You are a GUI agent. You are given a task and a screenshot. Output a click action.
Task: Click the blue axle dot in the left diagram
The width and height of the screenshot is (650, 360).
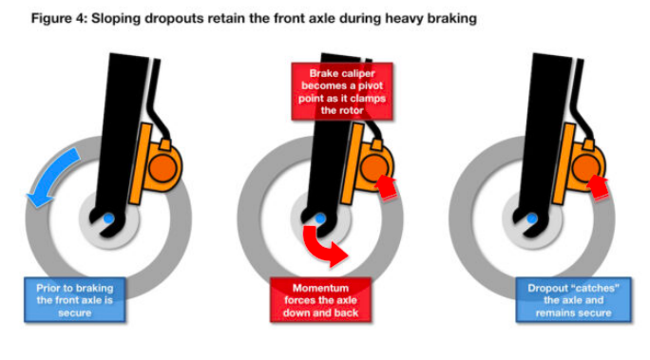click(x=108, y=218)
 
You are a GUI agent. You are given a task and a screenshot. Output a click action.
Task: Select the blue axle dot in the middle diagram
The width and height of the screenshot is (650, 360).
click(x=320, y=218)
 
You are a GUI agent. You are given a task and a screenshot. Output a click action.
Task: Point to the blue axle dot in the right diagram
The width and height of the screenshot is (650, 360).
click(x=532, y=218)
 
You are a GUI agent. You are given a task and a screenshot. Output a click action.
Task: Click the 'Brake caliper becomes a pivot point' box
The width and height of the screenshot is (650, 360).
click(x=342, y=91)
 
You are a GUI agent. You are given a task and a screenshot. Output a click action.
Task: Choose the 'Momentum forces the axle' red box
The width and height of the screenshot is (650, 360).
click(x=320, y=300)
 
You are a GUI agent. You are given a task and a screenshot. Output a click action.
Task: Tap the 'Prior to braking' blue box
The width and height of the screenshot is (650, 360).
click(x=75, y=300)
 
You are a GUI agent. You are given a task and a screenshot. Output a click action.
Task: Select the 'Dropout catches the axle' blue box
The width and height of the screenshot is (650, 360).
click(x=573, y=300)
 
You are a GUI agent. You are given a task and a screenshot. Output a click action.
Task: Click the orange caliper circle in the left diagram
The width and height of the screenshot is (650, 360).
click(x=162, y=167)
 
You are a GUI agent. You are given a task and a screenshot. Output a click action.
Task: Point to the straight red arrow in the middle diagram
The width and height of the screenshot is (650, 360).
click(x=387, y=188)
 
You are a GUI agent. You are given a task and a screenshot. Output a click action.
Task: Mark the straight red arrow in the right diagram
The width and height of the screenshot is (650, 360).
click(x=598, y=188)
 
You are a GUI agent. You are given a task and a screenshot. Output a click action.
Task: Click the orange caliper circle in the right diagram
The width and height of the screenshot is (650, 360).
click(x=586, y=167)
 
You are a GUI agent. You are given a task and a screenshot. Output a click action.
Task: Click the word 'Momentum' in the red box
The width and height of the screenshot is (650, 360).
click(x=320, y=288)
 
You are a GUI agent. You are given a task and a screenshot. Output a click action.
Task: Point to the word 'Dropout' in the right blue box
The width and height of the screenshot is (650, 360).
click(x=547, y=288)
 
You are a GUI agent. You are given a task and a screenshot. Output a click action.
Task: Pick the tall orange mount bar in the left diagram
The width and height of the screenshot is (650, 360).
click(x=140, y=163)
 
